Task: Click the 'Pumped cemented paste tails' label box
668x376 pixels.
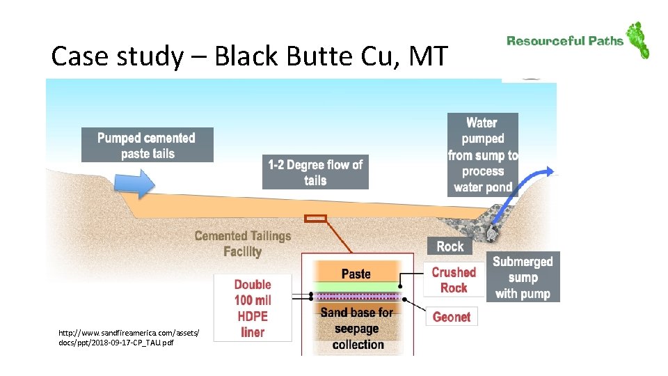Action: tap(147, 145)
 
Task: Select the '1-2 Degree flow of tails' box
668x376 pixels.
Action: tap(315, 172)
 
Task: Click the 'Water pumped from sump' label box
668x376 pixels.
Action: tap(482, 155)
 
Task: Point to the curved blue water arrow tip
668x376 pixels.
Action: tap(550, 171)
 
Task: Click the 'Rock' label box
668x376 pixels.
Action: tap(450, 246)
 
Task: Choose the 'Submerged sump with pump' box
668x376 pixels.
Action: tap(523, 277)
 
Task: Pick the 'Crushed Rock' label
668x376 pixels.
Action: tap(453, 280)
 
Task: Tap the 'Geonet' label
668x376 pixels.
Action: tap(452, 317)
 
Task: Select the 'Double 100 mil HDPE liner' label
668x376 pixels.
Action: tap(253, 308)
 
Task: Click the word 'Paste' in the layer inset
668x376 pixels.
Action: tap(356, 274)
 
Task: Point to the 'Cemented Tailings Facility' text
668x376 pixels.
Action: tap(242, 244)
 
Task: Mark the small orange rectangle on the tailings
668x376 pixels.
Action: tap(315, 218)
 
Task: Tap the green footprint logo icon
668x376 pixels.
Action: tap(637, 40)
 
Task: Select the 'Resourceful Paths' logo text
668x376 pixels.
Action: tap(565, 41)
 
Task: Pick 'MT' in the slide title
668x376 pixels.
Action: tap(427, 56)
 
